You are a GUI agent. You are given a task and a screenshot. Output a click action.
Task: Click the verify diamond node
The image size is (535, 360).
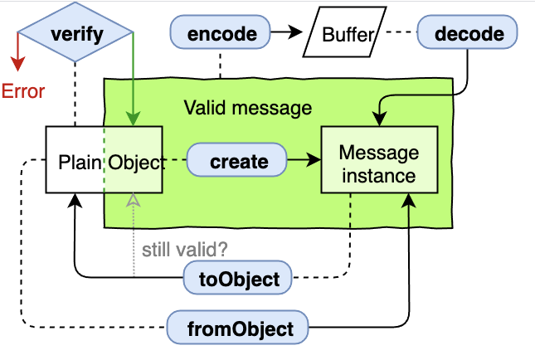coord(75,34)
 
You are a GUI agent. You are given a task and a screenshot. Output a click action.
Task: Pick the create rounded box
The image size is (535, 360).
coord(238,161)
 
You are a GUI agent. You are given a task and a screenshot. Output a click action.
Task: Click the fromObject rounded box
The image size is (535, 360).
coord(238,328)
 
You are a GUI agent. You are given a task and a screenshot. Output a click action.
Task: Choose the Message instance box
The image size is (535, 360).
coord(378,162)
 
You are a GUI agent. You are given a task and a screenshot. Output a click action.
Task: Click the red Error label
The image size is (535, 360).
coord(22,92)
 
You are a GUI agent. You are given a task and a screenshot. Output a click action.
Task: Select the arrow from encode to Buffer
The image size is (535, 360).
coord(286,34)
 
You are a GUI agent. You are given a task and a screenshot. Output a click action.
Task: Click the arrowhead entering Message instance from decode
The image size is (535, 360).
coord(381,119)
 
